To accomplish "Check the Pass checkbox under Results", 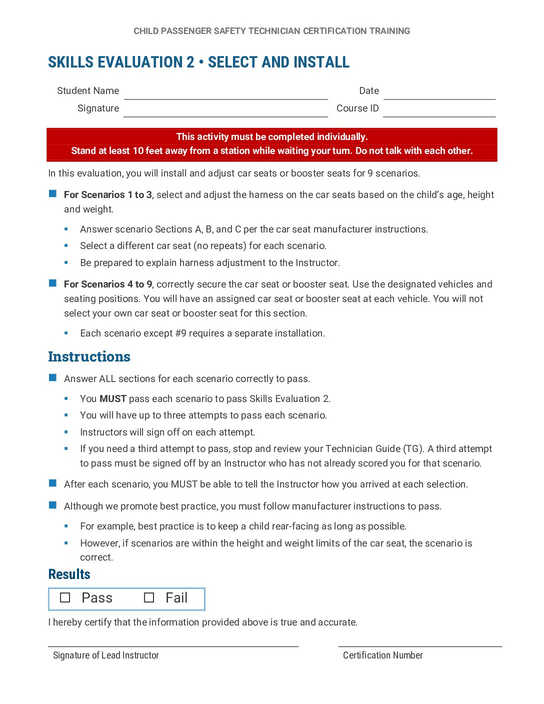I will coord(65,598).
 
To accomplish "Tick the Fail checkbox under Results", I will coord(149,598).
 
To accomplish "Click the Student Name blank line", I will coord(225,95).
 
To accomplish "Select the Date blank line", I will coord(439,95).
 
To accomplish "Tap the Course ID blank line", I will coord(439,112).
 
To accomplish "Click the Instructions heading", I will coord(89,357).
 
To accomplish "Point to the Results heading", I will coord(69,574).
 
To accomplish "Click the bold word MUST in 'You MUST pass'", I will coord(113,399).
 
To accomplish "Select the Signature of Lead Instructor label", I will coord(106,655).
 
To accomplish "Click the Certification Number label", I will coord(382,655).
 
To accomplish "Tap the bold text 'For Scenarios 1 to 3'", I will coord(108,195).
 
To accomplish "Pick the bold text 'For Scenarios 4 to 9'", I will coord(108,284).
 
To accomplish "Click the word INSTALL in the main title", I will coord(321,62).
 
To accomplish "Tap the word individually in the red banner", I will coord(341,137).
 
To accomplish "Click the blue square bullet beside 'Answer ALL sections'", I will coord(52,378).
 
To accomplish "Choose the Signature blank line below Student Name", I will coord(225,112).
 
